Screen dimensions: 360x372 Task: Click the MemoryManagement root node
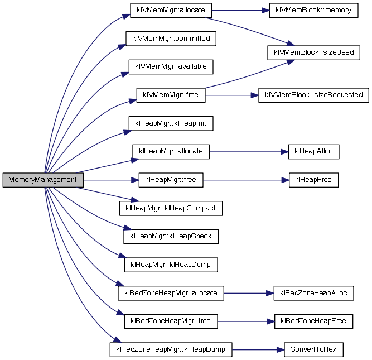pyautogui.click(x=43, y=180)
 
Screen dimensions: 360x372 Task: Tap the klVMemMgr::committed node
pyautogui.click(x=171, y=39)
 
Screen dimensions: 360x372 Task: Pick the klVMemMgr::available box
pyautogui.click(x=171, y=66)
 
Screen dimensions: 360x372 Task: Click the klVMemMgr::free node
pyautogui.click(x=171, y=95)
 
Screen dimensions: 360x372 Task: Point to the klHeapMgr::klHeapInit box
pyautogui.click(x=171, y=123)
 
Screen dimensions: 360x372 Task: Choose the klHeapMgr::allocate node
pyautogui.click(x=171, y=151)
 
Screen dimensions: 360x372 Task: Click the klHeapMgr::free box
pyautogui.click(x=171, y=180)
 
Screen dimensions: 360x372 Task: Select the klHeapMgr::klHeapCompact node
pyautogui.click(x=171, y=208)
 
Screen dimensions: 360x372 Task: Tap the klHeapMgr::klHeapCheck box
pyautogui.click(x=171, y=236)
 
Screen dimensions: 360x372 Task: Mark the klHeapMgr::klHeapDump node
pyautogui.click(x=171, y=264)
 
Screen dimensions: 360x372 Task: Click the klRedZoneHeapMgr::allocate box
pyautogui.click(x=171, y=292)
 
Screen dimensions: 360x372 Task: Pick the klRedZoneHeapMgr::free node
pyautogui.click(x=171, y=321)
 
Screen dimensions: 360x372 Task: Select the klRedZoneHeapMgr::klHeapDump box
pyautogui.click(x=171, y=350)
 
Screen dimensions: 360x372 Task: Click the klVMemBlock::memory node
pyautogui.click(x=313, y=11)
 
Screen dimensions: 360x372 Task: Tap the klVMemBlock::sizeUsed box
pyautogui.click(x=313, y=53)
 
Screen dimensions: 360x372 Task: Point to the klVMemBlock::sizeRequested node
pyautogui.click(x=313, y=95)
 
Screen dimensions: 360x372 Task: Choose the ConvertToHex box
pyautogui.click(x=313, y=350)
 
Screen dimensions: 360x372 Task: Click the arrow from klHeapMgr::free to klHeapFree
pyautogui.click(x=245, y=180)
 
